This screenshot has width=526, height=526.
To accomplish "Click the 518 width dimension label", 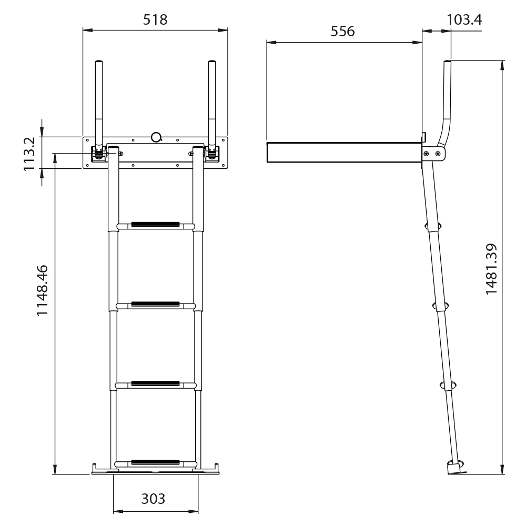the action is click(155, 20).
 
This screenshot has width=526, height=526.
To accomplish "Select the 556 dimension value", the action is click(342, 31).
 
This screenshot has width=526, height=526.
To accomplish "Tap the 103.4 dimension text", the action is click(464, 20).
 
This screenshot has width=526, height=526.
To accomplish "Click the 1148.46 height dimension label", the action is click(42, 290).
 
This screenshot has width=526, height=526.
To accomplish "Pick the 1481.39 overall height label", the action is click(491, 269).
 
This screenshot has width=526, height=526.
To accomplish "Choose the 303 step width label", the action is click(153, 499).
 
